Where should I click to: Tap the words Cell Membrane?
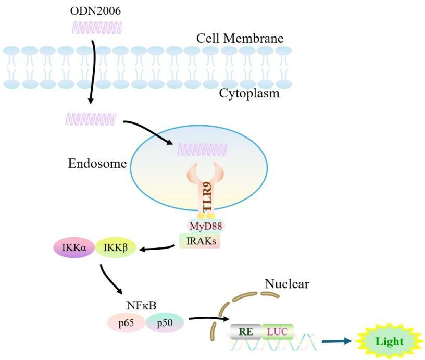(240, 39)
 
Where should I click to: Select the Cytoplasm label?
(249, 94)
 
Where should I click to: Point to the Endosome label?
(97, 164)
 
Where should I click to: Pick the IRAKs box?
(199, 241)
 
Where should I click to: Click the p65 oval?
(126, 323)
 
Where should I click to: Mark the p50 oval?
(165, 323)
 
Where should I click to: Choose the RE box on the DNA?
(245, 331)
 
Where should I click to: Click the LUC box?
(278, 331)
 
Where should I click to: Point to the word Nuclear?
(286, 284)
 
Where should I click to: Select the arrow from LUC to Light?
(339, 342)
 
